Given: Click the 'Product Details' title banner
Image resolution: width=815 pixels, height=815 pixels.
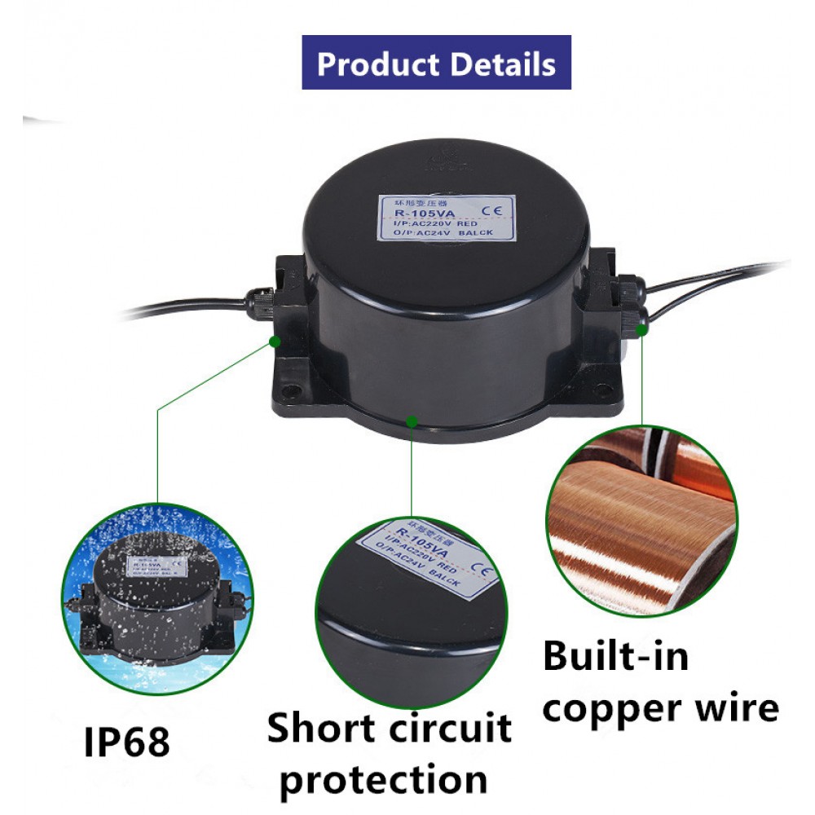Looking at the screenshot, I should (x=436, y=63).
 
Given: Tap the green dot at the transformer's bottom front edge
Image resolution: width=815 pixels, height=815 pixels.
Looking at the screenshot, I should (x=412, y=421).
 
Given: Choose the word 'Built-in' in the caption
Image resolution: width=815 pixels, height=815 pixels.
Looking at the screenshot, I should (x=615, y=655).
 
